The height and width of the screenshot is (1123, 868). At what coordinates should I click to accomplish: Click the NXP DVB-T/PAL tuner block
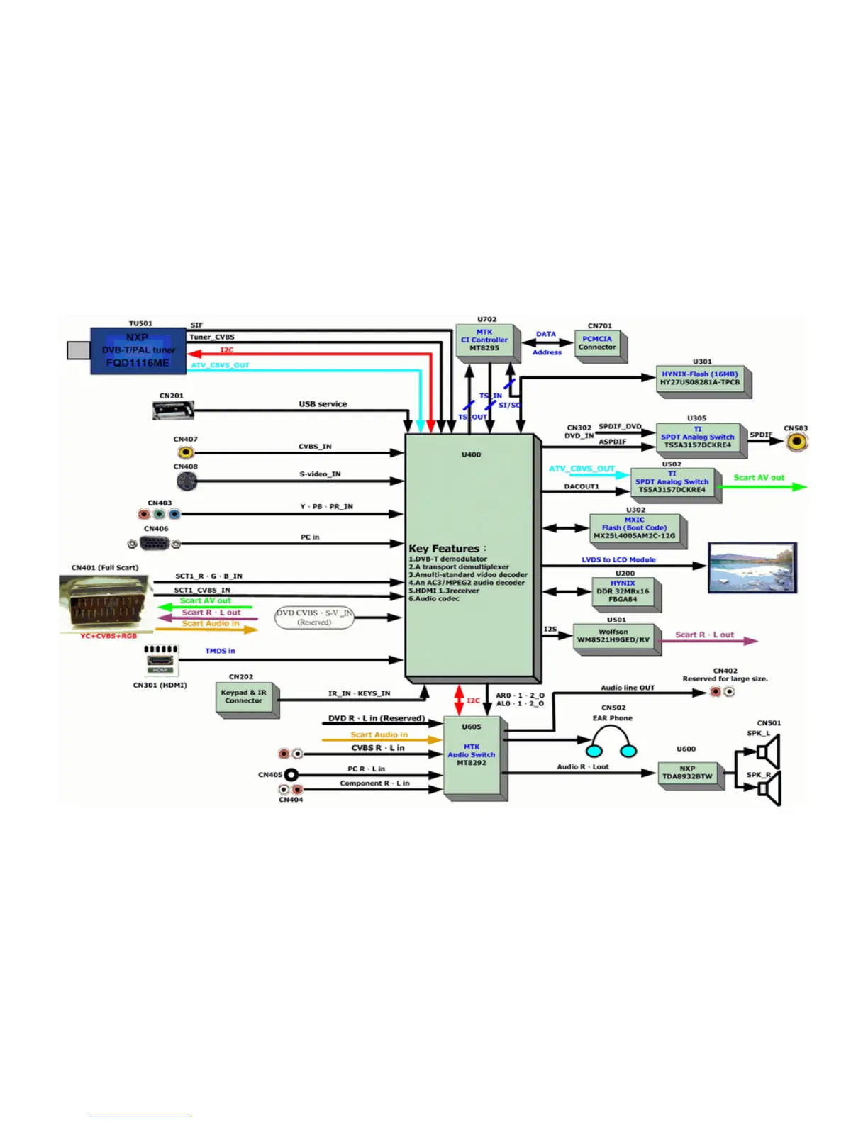click(x=138, y=350)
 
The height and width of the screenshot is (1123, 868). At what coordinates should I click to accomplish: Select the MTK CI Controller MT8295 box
click(x=484, y=340)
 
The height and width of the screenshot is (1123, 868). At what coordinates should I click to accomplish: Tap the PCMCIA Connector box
click(x=597, y=343)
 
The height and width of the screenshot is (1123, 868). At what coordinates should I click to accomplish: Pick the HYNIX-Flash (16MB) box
click(x=699, y=379)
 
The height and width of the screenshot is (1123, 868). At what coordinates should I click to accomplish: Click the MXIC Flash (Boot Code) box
click(x=635, y=528)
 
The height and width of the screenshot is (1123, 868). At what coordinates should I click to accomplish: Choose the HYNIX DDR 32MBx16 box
click(x=623, y=591)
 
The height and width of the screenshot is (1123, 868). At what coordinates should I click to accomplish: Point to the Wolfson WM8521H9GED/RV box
click(x=613, y=636)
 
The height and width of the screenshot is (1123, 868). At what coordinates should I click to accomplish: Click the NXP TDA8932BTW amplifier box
click(x=687, y=773)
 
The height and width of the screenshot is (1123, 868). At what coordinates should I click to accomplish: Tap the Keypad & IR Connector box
click(x=243, y=697)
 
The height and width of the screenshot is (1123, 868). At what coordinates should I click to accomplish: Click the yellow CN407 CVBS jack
click(x=185, y=452)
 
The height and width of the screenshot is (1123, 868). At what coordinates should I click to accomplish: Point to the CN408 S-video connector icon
click(x=186, y=481)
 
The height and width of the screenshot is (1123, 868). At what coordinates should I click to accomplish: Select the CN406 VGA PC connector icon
click(x=154, y=544)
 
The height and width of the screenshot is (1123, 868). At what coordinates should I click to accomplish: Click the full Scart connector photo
click(x=105, y=603)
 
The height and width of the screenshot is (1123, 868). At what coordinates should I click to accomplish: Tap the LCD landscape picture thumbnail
click(x=752, y=567)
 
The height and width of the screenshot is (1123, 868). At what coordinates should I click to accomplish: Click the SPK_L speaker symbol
click(x=768, y=752)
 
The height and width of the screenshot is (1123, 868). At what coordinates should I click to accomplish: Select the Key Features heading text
click(x=444, y=548)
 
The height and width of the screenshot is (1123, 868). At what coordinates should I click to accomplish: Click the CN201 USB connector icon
click(x=173, y=410)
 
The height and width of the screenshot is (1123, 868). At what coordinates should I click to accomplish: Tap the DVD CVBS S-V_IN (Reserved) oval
click(x=314, y=618)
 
